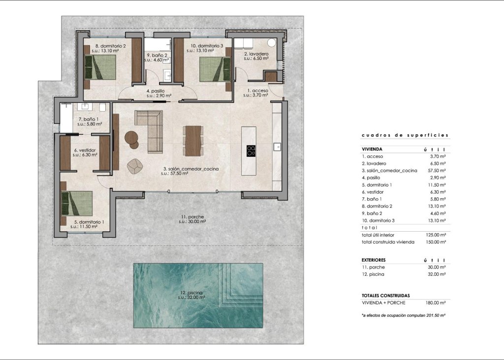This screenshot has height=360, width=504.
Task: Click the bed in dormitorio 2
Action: [100, 67]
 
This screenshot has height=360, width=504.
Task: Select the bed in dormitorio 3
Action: [215, 69]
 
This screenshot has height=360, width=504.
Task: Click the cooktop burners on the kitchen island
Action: [251, 150]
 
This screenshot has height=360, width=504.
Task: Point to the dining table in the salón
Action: [193, 141]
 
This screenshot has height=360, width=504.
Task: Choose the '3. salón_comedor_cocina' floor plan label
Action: [191, 169]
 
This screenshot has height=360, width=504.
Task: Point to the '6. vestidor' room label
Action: [85, 150]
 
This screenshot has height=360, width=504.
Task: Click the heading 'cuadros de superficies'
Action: [405, 135]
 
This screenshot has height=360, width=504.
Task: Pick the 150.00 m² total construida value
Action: [436, 242]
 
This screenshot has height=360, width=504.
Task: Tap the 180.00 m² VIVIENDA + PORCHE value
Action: [436, 302]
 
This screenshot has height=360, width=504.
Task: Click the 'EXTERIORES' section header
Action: [374, 260]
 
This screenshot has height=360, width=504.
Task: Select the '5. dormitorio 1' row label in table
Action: [379, 184]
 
